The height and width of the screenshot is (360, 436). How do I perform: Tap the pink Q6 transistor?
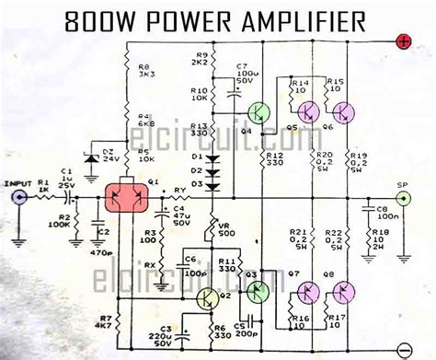344,111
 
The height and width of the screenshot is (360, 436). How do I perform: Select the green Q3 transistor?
257,291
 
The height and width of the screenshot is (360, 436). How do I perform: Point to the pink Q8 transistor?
343,294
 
